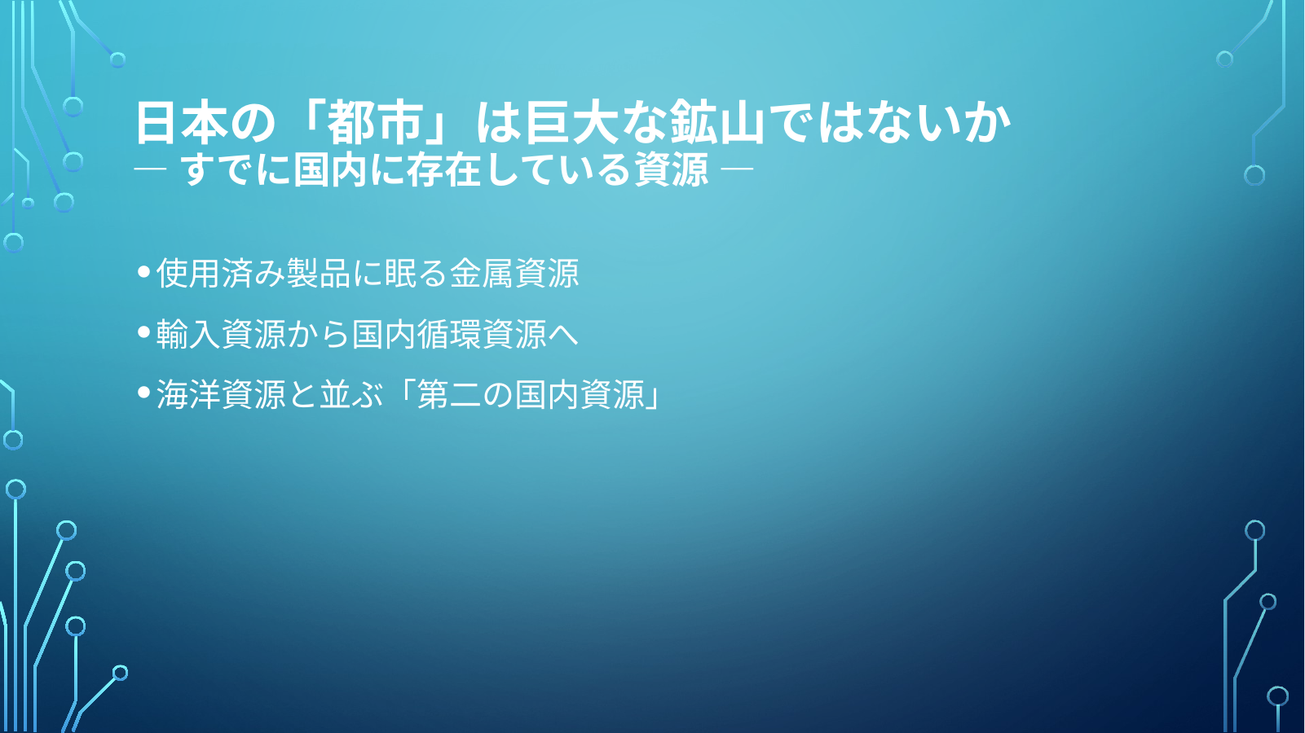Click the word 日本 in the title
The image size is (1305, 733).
click(181, 122)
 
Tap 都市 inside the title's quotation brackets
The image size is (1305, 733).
click(374, 122)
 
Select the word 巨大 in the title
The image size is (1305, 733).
click(571, 122)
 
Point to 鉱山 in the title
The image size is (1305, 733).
click(716, 122)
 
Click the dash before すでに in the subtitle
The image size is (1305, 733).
click(150, 169)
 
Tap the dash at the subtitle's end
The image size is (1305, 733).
click(737, 169)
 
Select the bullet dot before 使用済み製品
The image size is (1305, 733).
click(144, 271)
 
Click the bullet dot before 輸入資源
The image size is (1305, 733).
click(144, 332)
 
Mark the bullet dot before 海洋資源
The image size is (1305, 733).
click(144, 393)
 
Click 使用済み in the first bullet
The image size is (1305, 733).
click(221, 273)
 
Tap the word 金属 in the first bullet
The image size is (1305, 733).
click(482, 273)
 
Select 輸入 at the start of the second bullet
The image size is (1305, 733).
click(188, 334)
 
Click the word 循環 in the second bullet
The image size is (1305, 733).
click(449, 334)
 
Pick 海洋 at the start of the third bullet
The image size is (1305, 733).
click(188, 395)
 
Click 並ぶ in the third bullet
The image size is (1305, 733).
click(351, 395)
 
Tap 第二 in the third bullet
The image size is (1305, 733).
click(449, 395)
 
